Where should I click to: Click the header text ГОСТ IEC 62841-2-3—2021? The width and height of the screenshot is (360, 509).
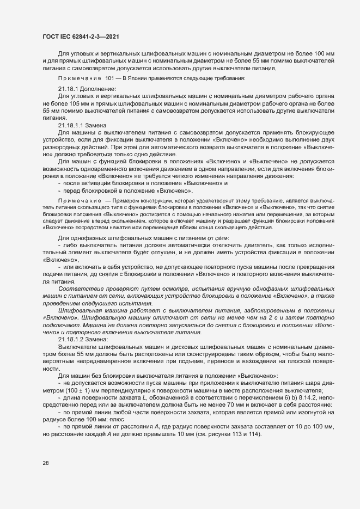80,36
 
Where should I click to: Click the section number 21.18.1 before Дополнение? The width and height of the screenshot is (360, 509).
70,88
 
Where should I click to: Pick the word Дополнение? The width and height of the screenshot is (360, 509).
99,88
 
